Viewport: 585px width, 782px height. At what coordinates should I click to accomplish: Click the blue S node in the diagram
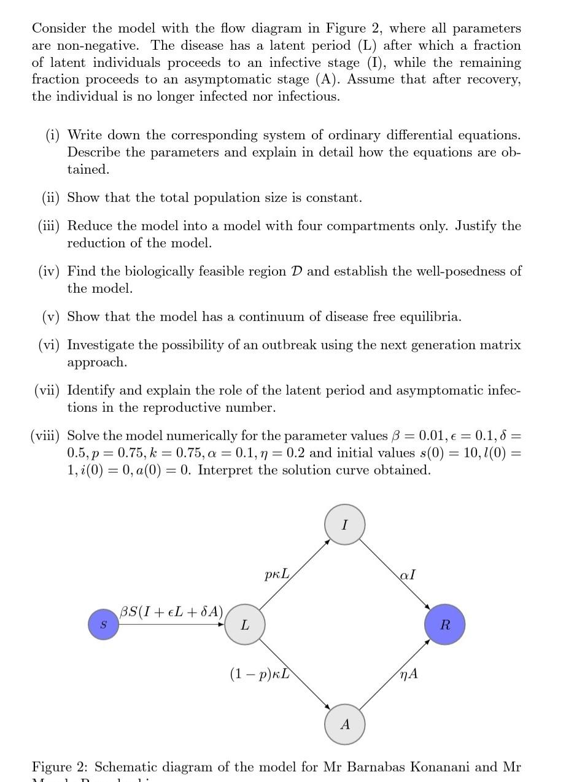(103, 624)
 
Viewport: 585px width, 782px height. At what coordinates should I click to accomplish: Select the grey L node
(244, 625)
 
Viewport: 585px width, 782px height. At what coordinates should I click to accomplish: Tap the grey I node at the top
(344, 525)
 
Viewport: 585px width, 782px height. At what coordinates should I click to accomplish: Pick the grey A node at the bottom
(344, 724)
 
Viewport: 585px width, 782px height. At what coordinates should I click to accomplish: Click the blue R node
(445, 625)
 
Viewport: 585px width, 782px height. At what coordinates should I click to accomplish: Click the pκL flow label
(276, 575)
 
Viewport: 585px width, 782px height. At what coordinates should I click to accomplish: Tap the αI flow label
(407, 575)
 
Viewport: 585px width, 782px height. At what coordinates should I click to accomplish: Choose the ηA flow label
(408, 673)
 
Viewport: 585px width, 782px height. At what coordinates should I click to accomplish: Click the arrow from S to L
(172, 625)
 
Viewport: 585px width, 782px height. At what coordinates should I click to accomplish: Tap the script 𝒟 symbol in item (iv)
(296, 271)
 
